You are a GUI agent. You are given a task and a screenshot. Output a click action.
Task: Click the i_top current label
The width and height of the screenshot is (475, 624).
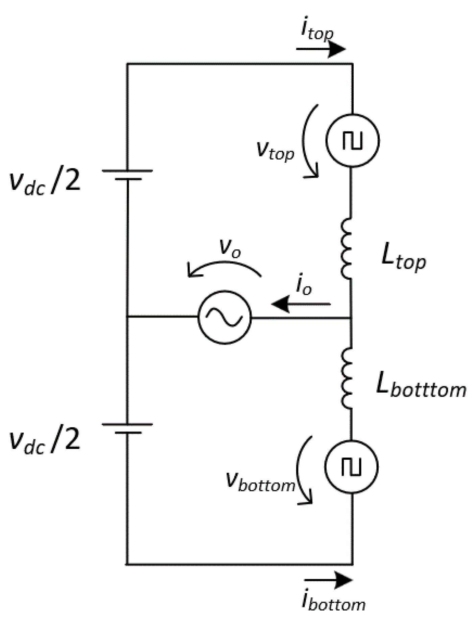(317, 31)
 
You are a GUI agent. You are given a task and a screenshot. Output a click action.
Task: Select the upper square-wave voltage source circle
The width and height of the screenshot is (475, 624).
(352, 141)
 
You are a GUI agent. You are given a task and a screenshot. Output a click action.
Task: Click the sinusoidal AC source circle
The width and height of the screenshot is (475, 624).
(224, 317)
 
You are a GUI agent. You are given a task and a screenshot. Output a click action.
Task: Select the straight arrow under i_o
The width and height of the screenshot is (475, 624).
(301, 304)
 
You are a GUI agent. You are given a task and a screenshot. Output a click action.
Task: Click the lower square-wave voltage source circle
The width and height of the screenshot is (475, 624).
(351, 467)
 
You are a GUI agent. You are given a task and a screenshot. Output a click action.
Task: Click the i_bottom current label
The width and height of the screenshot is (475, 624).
(333, 602)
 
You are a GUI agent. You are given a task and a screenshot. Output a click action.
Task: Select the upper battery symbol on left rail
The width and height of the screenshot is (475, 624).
(127, 175)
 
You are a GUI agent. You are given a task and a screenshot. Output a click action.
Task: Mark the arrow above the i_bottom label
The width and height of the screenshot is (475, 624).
(328, 580)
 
